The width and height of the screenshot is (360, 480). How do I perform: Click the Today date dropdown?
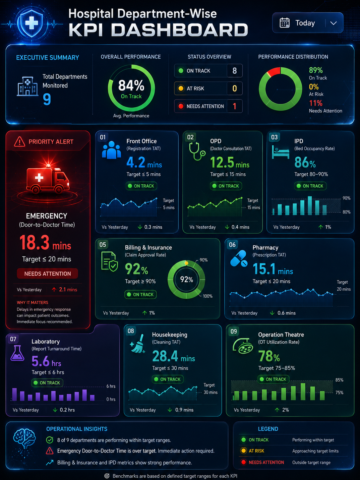point(308,23)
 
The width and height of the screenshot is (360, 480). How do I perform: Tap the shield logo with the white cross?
point(32,23)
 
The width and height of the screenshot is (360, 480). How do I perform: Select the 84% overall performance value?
point(131,85)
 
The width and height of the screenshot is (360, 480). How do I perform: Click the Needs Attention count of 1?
point(235,106)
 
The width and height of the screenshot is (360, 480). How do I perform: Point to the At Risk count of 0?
point(235,89)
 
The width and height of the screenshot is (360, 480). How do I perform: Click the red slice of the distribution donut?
point(274,72)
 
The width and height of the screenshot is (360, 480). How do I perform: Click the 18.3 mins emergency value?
point(45,243)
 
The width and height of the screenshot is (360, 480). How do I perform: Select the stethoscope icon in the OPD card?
point(197,151)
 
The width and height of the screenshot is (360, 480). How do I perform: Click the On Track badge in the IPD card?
point(310,186)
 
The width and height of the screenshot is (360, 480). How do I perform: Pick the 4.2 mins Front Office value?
point(144,162)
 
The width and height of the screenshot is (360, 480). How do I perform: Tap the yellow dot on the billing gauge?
point(186,263)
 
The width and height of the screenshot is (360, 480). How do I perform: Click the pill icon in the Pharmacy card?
point(239,259)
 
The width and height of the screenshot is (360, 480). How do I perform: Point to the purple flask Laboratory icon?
point(17,353)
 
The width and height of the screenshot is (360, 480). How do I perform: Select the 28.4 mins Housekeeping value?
point(174,356)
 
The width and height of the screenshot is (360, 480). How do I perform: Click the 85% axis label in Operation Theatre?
point(339,380)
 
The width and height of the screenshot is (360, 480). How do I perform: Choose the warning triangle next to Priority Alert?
point(20,142)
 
